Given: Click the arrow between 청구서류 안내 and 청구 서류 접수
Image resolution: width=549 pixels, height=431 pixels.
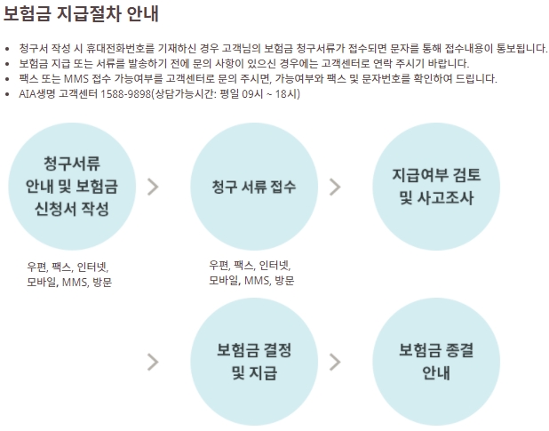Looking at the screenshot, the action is (x=153, y=186).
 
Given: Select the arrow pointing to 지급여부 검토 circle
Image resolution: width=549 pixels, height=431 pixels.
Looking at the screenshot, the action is (x=335, y=186).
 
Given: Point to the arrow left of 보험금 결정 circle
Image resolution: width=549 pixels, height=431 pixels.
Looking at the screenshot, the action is (x=153, y=361).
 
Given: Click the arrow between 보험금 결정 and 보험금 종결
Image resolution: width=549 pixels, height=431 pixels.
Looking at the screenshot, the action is (x=335, y=361).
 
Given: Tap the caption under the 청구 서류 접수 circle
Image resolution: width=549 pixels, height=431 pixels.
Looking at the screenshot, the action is (x=251, y=272).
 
